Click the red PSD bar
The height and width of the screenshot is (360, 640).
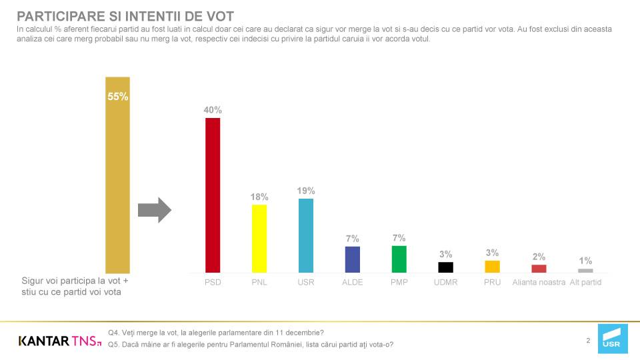click(x=213, y=195)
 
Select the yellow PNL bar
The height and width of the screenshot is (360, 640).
click(x=259, y=239)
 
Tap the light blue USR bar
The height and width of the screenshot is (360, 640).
click(x=306, y=235)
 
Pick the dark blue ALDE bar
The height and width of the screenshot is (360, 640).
click(x=353, y=259)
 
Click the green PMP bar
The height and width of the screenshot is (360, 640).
click(x=399, y=259)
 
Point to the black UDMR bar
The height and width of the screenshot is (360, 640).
click(x=446, y=267)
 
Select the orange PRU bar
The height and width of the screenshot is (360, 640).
click(x=492, y=267)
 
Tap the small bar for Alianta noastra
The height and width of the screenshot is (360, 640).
click(x=539, y=269)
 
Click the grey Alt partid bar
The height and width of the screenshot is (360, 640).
click(x=585, y=271)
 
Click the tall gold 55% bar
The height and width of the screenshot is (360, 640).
click(x=117, y=175)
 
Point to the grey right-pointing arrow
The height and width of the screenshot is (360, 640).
click(x=154, y=210)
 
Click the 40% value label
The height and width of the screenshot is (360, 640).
click(x=213, y=110)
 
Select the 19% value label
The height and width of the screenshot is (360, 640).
click(x=306, y=191)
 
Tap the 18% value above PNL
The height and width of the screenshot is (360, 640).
click(x=259, y=197)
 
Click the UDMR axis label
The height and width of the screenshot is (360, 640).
click(x=446, y=282)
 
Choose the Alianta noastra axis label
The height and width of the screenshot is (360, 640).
click(x=539, y=282)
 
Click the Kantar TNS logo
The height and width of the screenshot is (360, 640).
click(x=59, y=341)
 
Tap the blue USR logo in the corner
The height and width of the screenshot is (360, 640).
click(x=613, y=339)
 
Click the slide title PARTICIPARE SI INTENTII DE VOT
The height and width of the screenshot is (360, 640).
click(x=125, y=16)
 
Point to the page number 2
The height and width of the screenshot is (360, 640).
click(x=588, y=341)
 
